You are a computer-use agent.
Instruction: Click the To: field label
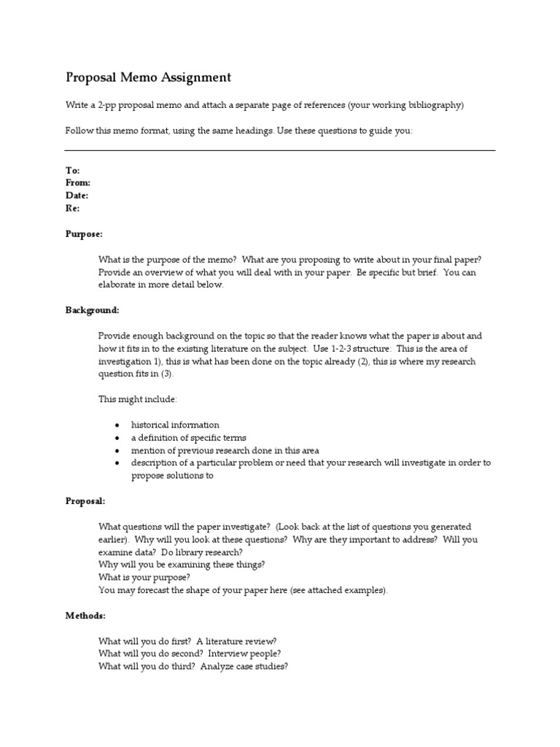(x=72, y=170)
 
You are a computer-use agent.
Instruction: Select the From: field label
(x=78, y=182)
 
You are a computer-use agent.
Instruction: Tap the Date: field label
(x=77, y=196)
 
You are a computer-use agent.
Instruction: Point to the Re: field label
(x=73, y=208)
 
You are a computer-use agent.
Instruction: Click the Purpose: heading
(x=85, y=234)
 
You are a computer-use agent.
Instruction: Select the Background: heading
(x=93, y=310)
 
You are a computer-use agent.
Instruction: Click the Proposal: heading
(x=85, y=501)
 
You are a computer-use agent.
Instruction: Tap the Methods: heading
(x=85, y=616)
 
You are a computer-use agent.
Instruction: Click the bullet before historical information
(x=117, y=425)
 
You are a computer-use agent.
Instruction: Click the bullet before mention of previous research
(x=117, y=450)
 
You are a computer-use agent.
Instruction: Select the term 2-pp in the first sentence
(x=109, y=105)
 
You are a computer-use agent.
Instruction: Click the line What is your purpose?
(x=144, y=577)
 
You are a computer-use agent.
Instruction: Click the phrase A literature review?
(x=236, y=641)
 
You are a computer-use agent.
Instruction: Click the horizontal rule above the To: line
(x=280, y=150)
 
